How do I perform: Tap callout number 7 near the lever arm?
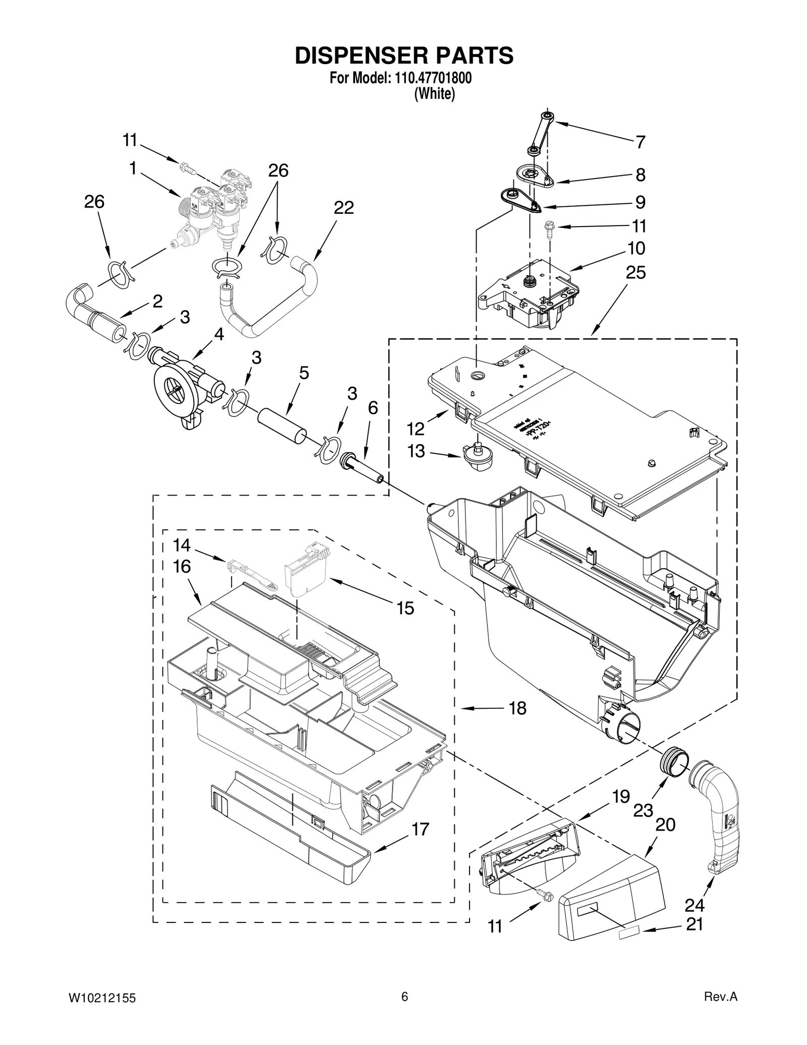point(640,142)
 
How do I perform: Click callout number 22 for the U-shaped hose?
point(343,207)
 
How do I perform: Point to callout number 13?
point(417,451)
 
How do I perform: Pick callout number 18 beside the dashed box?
point(517,708)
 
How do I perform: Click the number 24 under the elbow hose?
point(695,906)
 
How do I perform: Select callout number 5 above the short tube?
point(304,373)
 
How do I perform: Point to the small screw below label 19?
point(545,896)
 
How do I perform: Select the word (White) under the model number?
point(434,94)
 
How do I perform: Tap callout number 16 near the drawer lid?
point(182,567)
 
